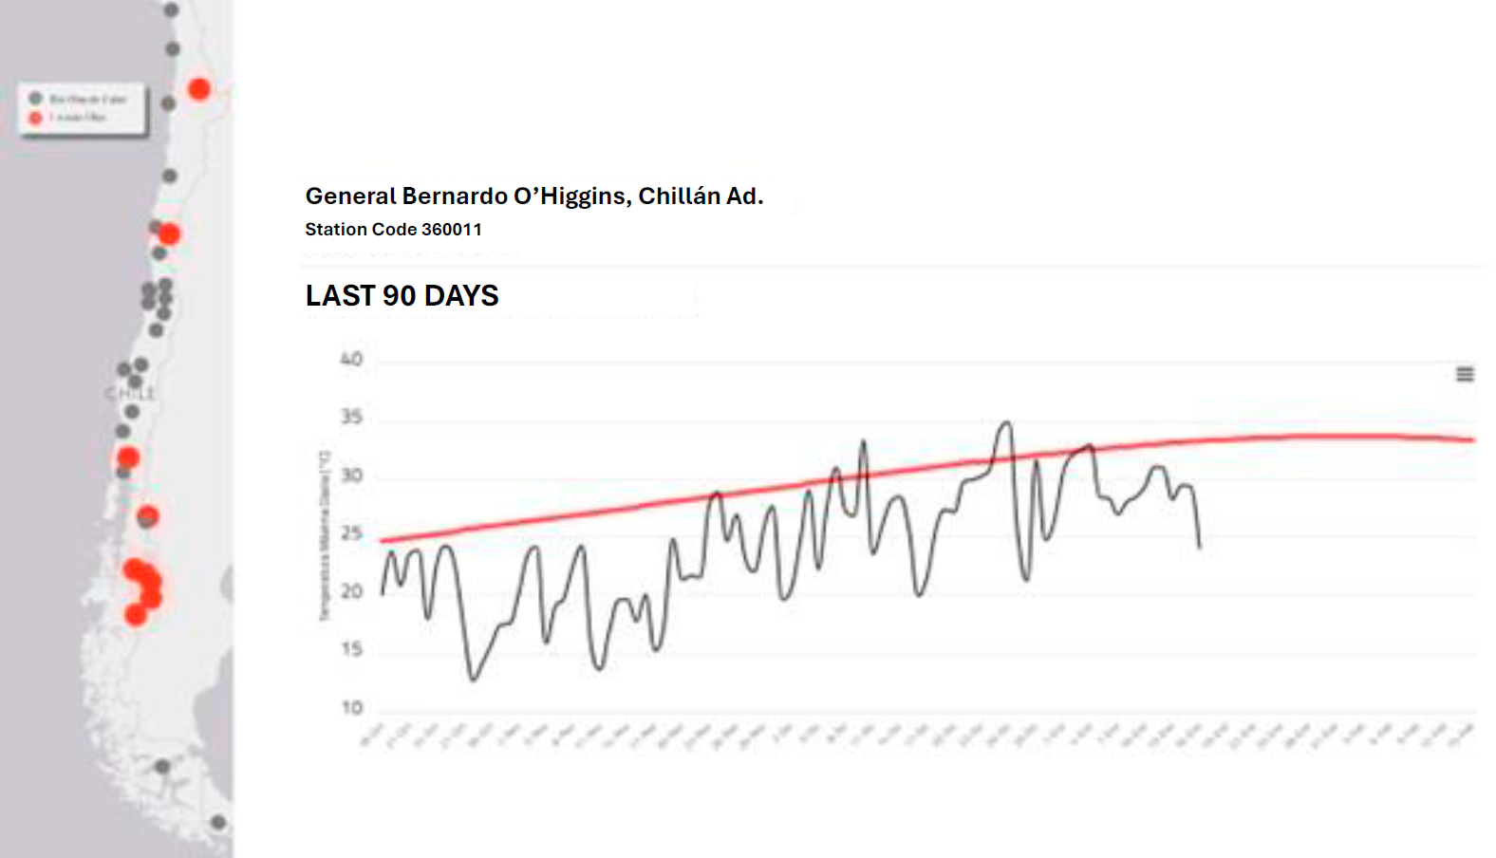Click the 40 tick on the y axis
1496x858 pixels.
coord(351,359)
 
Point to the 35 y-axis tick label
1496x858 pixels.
coord(351,417)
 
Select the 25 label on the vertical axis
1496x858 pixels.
coord(351,533)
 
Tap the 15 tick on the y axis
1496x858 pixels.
coord(351,649)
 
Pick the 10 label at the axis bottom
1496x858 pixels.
coord(351,707)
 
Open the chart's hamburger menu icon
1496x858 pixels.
coord(1465,374)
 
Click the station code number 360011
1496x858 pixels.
coord(451,230)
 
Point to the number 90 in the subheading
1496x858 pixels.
coord(399,296)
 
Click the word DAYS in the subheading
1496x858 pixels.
coord(461,296)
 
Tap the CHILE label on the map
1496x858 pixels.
coord(129,393)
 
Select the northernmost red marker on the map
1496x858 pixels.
coord(198,88)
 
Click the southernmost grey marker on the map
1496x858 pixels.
coord(218,822)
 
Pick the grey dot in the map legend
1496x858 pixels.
coord(36,99)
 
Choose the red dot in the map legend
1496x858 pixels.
coord(36,118)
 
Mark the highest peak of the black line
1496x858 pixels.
coord(1005,423)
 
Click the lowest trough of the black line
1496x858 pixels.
coord(473,679)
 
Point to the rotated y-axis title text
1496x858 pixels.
coord(325,536)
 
